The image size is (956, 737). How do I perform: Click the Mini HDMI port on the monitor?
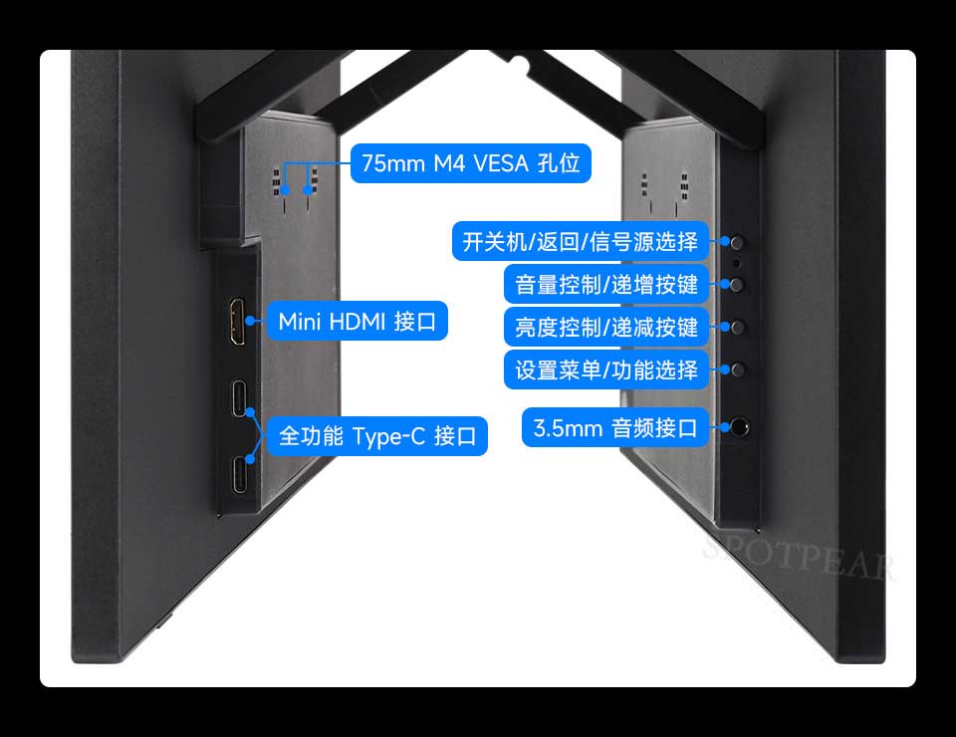237,322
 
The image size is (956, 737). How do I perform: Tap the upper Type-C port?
240,398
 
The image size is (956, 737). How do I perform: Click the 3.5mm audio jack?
739,426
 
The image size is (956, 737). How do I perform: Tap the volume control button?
737,284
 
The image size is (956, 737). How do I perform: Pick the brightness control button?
737,328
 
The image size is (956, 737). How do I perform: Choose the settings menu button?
738,370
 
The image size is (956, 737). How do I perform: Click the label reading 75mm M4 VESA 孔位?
471,163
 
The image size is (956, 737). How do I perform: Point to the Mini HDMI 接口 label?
358,321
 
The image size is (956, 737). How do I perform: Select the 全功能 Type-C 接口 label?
377,436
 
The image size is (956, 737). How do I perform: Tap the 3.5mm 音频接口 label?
615,427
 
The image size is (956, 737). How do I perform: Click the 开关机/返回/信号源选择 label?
580,241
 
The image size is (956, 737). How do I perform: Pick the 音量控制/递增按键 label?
606,284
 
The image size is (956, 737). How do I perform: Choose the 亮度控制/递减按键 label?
606,327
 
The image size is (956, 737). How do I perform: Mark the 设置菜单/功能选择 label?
606,369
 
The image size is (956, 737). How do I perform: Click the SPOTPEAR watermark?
799,556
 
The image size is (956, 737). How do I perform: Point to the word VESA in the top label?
501,163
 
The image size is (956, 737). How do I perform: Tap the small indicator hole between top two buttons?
737,263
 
